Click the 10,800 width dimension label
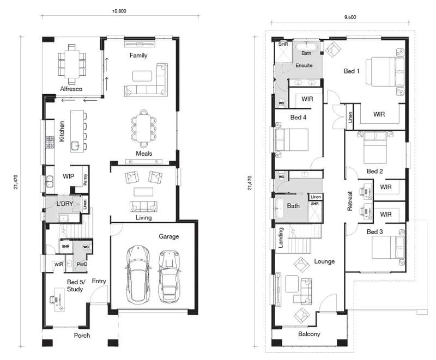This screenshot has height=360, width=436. [x=119, y=11]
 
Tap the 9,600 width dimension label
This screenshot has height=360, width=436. [x=350, y=17]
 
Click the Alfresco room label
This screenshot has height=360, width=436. [x=71, y=89]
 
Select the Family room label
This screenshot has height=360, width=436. [x=138, y=55]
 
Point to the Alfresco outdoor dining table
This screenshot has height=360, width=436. [x=72, y=64]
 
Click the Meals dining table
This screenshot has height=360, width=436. [x=143, y=129]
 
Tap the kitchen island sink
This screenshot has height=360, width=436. [x=75, y=146]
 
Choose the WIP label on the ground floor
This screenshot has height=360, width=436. [x=69, y=176]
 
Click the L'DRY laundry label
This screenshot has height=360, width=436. [x=64, y=204]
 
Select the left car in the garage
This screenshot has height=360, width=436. [x=138, y=274]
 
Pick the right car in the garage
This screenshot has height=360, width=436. [x=169, y=276]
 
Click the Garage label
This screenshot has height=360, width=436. [x=169, y=236]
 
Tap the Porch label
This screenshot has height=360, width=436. [x=82, y=335]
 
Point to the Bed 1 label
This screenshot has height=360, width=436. [x=352, y=71]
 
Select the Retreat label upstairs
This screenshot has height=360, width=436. [x=350, y=201]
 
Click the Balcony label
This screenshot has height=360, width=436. [x=309, y=334]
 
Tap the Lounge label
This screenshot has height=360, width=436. [x=324, y=261]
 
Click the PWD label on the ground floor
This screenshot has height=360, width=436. [x=82, y=264]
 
